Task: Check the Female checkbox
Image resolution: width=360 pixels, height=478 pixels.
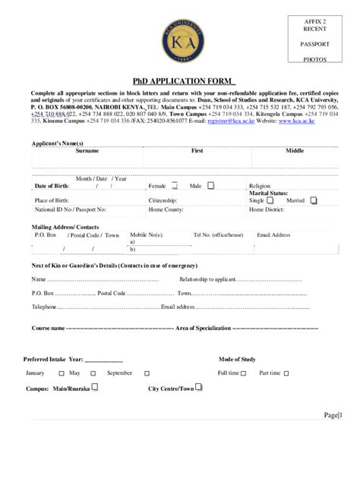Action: tap(175, 185)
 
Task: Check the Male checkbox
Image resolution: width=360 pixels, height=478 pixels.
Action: tap(211, 185)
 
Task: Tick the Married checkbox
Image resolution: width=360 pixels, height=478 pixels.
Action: tap(314, 200)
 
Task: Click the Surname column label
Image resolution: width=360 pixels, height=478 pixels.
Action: tap(87, 151)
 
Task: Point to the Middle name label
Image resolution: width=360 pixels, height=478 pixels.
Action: tap(294, 151)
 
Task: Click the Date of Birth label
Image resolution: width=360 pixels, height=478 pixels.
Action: tap(52, 186)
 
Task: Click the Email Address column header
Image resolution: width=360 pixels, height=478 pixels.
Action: tap(273, 235)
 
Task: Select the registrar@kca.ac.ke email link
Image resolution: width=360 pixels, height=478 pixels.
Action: tap(227, 121)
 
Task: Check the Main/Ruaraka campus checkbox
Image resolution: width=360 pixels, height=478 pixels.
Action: tap(94, 386)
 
